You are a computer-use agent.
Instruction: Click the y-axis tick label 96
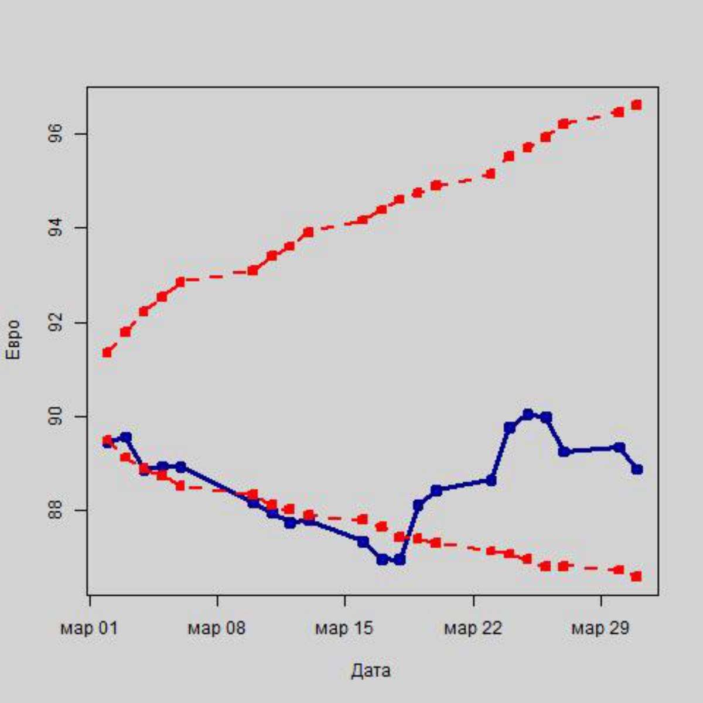(x=56, y=135)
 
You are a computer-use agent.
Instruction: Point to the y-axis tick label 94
(x=56, y=228)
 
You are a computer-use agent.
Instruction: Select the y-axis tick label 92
(x=56, y=323)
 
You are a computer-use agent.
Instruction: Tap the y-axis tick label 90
(x=56, y=417)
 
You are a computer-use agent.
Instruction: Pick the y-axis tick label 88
(x=56, y=510)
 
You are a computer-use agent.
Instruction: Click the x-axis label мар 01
(x=89, y=629)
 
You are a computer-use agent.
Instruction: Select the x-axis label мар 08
(x=217, y=629)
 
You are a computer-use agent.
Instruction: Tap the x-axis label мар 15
(x=344, y=629)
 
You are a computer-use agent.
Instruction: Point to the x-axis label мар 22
(x=473, y=629)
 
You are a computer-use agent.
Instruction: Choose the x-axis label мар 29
(x=600, y=629)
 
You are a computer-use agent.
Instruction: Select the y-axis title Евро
(x=13, y=340)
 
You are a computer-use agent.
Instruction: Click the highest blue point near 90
(x=528, y=414)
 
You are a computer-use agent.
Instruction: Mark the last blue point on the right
(x=637, y=469)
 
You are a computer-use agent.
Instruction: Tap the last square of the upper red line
(x=637, y=105)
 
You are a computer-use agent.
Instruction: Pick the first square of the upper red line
(x=107, y=353)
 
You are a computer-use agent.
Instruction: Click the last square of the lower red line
(x=637, y=576)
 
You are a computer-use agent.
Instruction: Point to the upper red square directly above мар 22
(x=491, y=173)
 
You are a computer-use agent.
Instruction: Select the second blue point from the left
(x=126, y=437)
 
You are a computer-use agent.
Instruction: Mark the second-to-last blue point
(x=619, y=448)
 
